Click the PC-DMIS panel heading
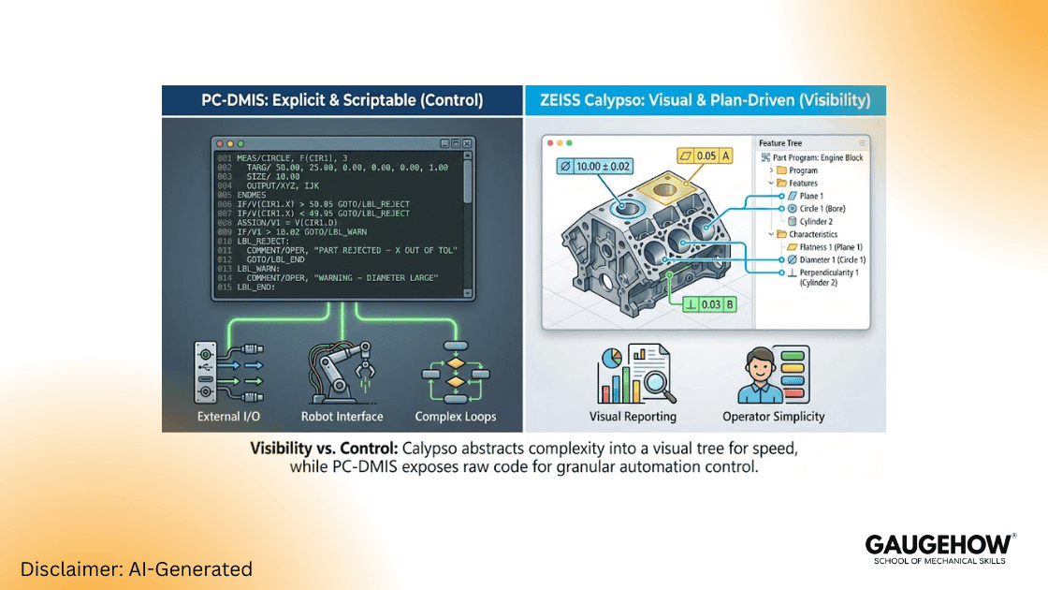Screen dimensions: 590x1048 click(342, 100)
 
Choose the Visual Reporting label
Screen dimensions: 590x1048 click(633, 416)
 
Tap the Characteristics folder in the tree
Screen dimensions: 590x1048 click(812, 234)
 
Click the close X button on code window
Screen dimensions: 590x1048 click(467, 143)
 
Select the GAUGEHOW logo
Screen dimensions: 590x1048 click(939, 547)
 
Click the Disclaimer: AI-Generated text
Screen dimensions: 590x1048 click(137, 568)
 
